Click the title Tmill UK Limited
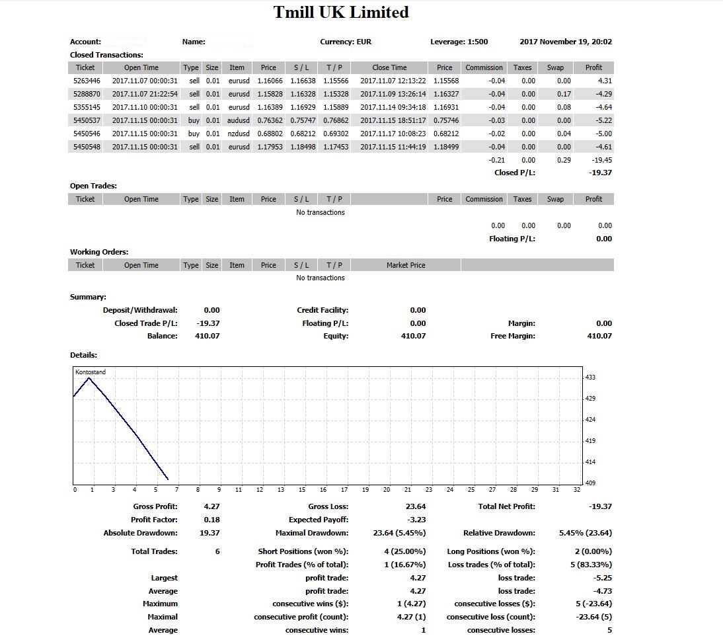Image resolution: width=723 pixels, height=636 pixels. [x=341, y=13]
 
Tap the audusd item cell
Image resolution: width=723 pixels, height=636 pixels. [x=238, y=120]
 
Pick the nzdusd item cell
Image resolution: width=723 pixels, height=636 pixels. [x=238, y=134]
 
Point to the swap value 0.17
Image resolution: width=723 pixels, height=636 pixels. [x=563, y=94]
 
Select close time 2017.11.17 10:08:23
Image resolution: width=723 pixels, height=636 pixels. [x=393, y=134]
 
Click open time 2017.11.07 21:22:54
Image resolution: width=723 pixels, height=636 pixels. [x=145, y=94]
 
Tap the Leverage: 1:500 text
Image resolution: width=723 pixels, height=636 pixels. [x=459, y=42]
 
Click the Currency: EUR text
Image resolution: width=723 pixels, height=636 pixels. [x=346, y=42]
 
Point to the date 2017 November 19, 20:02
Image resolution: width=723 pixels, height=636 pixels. [x=566, y=42]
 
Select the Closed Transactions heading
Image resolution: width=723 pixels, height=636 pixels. [x=106, y=55]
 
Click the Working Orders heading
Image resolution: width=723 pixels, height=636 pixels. [x=99, y=252]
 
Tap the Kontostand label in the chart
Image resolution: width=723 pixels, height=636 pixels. [x=91, y=372]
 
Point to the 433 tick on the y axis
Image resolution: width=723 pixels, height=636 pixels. [x=590, y=378]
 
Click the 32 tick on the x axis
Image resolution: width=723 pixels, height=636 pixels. [x=577, y=490]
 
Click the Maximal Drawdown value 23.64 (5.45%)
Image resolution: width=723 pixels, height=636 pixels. [x=399, y=533]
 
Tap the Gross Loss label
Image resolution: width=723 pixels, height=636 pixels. [x=328, y=506]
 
